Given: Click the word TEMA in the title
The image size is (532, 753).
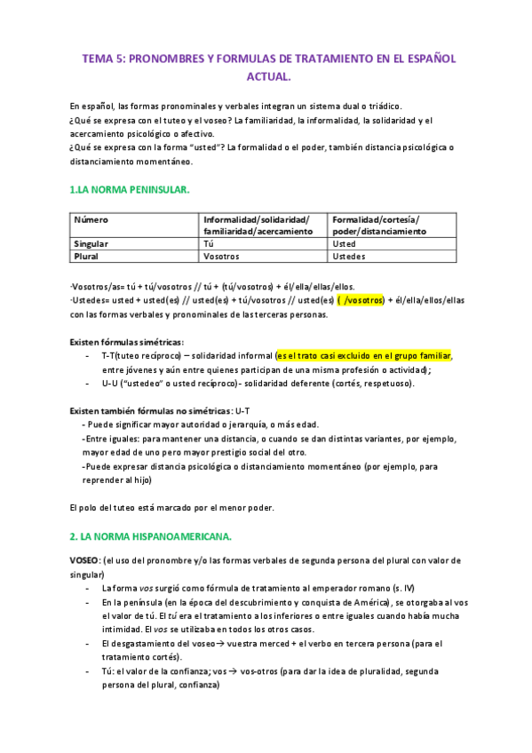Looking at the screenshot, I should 97,58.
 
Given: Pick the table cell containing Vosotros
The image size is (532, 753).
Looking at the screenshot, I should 222,256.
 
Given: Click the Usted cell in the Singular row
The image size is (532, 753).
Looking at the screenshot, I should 344,243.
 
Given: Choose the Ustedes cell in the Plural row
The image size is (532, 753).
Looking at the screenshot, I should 348,256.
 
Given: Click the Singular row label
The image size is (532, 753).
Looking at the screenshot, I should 91,243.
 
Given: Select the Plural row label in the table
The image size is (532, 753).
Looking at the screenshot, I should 86,256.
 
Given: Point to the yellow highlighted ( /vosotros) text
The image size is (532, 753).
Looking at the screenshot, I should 360,300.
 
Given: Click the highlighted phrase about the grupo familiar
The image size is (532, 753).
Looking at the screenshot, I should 377,355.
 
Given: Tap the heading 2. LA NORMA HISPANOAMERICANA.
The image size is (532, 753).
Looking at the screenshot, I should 150,536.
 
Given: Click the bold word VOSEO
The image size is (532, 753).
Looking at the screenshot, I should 85,561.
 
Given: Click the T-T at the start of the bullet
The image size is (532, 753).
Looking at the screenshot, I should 107,355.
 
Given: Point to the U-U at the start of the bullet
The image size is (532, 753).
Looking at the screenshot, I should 109,383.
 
